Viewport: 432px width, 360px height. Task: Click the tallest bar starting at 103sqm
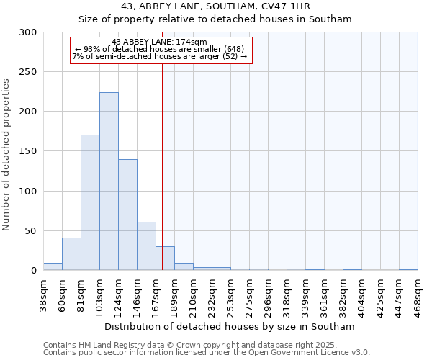tap(109, 181)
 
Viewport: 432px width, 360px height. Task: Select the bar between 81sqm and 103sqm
tap(90, 202)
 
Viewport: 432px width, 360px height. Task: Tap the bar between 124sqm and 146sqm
tap(127, 215)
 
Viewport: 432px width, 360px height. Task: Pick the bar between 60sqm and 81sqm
tap(71, 254)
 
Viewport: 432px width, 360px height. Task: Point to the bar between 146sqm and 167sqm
tap(146, 246)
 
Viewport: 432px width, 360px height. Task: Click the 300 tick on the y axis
tap(27, 32)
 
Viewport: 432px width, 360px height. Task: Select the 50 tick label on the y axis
tap(30, 231)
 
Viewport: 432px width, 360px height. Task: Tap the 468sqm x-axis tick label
tap(418, 296)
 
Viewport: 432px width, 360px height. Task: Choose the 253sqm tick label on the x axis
tap(231, 296)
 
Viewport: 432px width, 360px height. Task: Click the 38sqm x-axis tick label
tap(44, 296)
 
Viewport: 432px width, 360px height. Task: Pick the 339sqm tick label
tap(306, 296)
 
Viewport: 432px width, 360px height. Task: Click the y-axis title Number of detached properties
tap(6, 155)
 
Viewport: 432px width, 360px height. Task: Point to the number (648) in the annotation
tap(238, 49)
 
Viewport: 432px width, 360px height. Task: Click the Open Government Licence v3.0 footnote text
tap(317, 352)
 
